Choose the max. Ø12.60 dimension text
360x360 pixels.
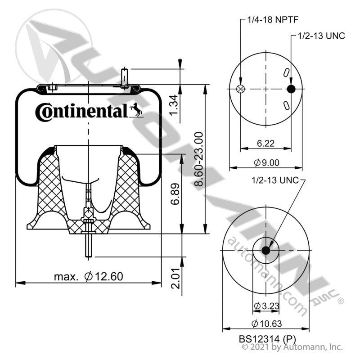click(x=88, y=276)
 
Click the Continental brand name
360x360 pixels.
click(x=81, y=111)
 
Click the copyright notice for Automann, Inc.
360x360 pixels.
click(x=292, y=347)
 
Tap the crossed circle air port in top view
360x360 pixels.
click(x=241, y=89)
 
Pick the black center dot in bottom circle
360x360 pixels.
click(x=265, y=250)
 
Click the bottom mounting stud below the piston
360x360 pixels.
click(x=89, y=246)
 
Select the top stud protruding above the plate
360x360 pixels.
click(x=126, y=76)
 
